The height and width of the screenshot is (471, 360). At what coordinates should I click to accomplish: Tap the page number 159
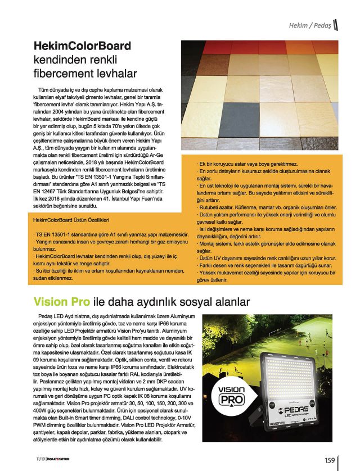click(x=330, y=459)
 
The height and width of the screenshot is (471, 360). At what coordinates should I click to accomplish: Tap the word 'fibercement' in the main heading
click(x=62, y=73)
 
